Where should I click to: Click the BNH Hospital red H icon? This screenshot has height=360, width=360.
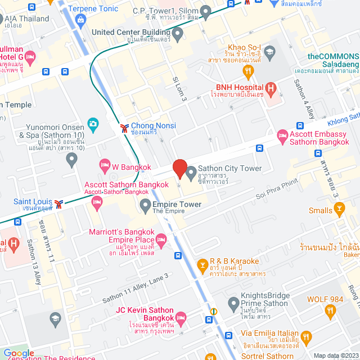[x=271, y=88]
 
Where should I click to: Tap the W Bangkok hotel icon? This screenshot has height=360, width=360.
[x=104, y=165]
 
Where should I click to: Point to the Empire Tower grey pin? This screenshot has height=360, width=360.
[x=145, y=205]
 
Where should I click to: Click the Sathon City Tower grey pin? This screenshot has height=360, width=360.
[x=190, y=171]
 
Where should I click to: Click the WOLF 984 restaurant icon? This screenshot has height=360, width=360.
[x=330, y=310]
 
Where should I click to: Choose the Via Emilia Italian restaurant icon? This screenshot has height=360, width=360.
[x=306, y=337]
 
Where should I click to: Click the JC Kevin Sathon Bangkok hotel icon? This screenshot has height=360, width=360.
[x=181, y=318]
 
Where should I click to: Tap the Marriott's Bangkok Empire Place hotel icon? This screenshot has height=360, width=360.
[x=161, y=240]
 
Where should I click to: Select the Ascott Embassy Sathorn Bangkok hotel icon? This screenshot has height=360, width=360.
[x=282, y=136]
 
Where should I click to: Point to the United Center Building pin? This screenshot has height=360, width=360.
[x=178, y=35]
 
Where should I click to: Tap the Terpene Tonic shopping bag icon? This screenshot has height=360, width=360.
[x=82, y=20]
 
